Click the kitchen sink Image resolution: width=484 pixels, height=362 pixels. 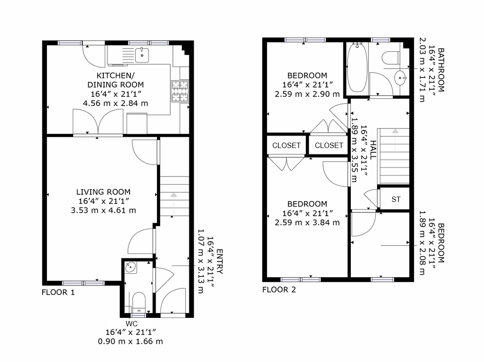[142, 55]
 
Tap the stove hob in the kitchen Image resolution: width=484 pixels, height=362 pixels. [180, 91]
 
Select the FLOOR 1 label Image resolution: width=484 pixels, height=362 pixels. [58, 292]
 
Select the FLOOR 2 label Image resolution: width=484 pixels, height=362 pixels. [279, 290]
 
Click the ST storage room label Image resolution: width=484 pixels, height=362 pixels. [396, 200]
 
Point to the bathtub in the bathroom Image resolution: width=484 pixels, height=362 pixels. [357, 67]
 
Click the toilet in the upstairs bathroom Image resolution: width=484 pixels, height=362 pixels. [391, 58]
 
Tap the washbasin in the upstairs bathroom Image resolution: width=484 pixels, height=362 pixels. [401, 78]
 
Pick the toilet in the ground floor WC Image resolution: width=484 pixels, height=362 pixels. [139, 302]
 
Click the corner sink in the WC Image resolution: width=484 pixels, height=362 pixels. [130, 267]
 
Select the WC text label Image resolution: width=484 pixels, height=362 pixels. [131, 324]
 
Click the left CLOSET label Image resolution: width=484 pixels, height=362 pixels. [287, 145]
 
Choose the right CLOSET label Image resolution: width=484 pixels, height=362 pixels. [329, 145]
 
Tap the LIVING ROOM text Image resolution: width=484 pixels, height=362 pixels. [103, 192]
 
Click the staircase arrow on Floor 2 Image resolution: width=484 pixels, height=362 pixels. [395, 140]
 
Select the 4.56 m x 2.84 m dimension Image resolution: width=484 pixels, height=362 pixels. [115, 103]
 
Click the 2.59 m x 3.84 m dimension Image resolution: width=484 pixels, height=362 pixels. [307, 222]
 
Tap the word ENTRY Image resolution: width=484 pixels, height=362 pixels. [219, 262]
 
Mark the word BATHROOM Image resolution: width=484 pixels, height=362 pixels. [441, 70]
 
